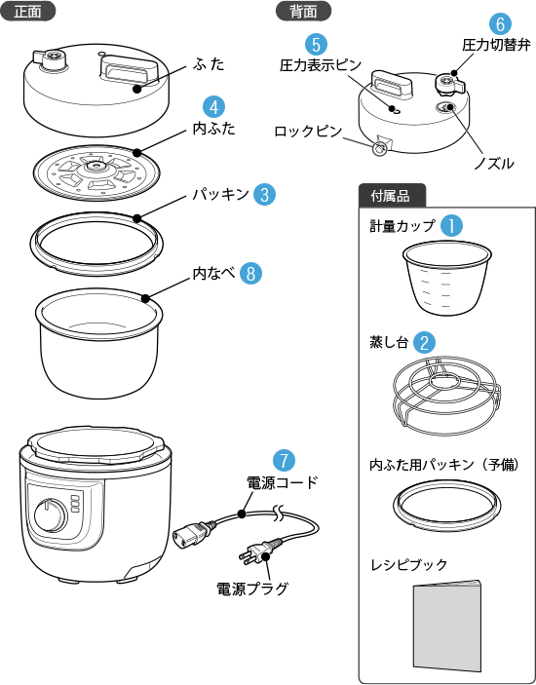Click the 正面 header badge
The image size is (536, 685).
pyautogui.click(x=27, y=12)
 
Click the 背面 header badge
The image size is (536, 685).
pyautogui.click(x=304, y=12)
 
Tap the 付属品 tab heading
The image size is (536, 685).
pyautogui.click(x=392, y=196)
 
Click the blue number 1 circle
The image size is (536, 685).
pyautogui.click(x=451, y=226)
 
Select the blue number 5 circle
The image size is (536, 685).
pyautogui.click(x=317, y=45)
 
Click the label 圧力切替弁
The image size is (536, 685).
pyautogui.click(x=497, y=45)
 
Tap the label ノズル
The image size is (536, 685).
pyautogui.click(x=494, y=164)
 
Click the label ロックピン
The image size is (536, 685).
pyautogui.click(x=308, y=132)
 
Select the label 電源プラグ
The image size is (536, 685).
pyautogui.click(x=252, y=588)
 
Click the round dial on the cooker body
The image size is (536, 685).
pyautogui.click(x=48, y=517)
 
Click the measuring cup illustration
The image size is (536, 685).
pyautogui.click(x=447, y=279)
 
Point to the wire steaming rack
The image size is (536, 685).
pyautogui.click(x=446, y=396)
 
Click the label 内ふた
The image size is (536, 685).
pyautogui.click(x=214, y=129)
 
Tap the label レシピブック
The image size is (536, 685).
pyautogui.click(x=409, y=565)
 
